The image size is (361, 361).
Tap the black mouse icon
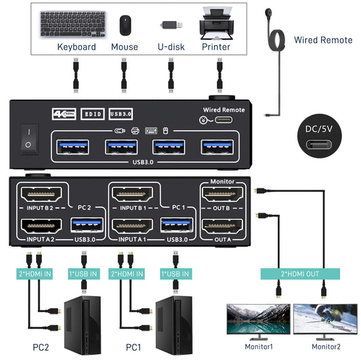point(125,26)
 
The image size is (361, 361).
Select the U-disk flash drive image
point(171,26)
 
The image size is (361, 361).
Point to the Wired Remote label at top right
point(323,40)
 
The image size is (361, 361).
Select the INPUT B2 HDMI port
point(43,195)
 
